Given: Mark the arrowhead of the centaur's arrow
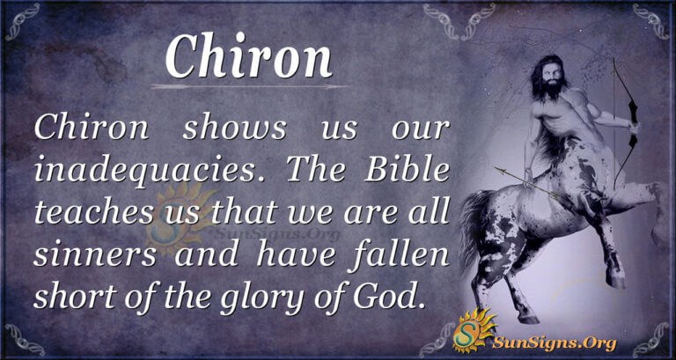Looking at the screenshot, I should [x=496, y=168].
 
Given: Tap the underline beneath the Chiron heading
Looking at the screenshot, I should [x=249, y=86].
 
